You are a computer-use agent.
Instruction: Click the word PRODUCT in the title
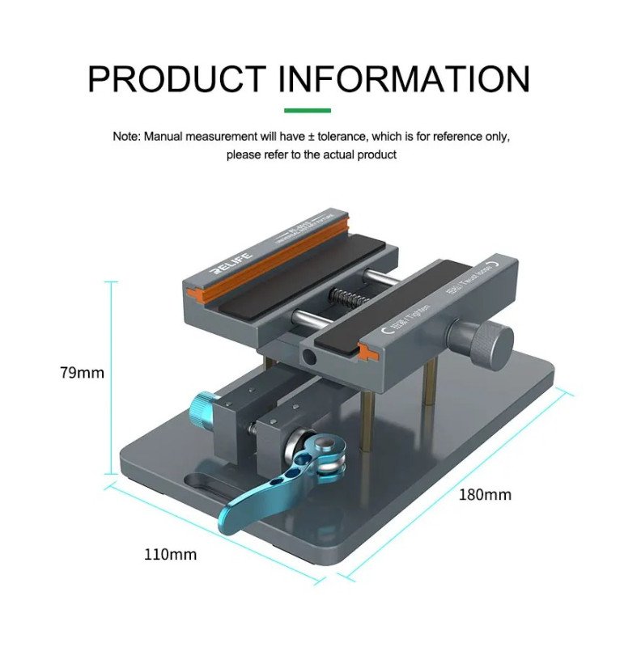coord(176,78)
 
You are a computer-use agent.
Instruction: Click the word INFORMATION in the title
coord(404,78)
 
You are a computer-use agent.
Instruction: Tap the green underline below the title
coord(308,110)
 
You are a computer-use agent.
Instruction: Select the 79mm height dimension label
coord(82,373)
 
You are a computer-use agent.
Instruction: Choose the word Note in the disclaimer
coord(126,137)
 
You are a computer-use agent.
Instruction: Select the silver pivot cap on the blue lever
coord(323,444)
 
